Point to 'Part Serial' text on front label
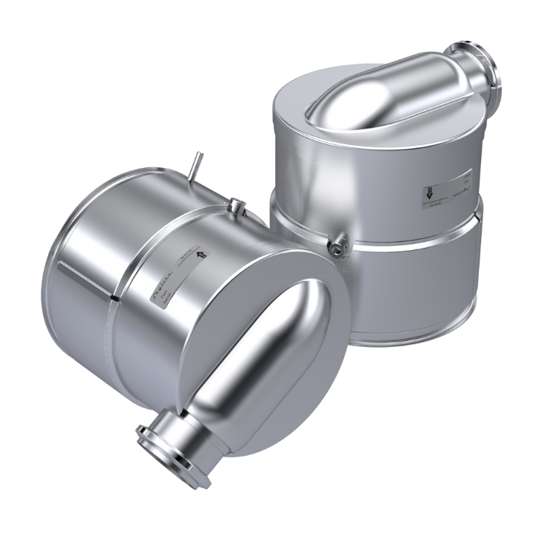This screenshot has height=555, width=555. [x=166, y=294]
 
